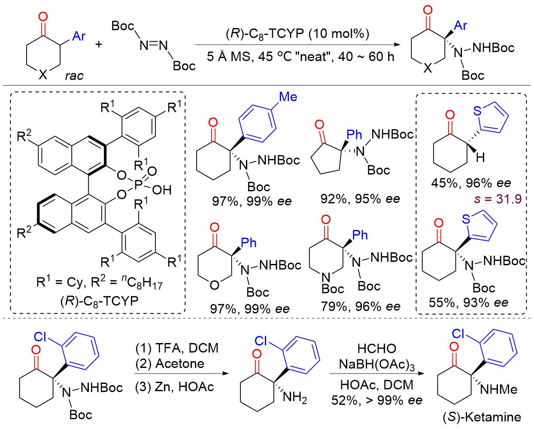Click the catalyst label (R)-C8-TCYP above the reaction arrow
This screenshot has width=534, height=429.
click(297, 34)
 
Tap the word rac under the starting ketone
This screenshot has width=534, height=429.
click(74, 76)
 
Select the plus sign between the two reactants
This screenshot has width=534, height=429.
click(99, 44)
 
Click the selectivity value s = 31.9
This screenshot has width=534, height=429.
click(498, 199)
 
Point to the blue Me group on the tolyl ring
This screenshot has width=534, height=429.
click(288, 97)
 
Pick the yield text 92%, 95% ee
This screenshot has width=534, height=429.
click(360, 199)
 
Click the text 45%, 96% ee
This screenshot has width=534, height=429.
click(471, 183)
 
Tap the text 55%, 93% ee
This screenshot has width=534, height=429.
click(468, 303)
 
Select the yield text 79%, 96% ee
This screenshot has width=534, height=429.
click(361, 306)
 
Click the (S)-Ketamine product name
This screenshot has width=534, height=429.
click(482, 417)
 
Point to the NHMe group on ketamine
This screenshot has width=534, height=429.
click(499, 389)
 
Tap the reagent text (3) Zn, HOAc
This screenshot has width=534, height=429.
click(175, 387)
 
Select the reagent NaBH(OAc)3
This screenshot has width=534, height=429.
click(376, 365)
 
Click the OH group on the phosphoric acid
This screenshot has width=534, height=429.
click(162, 190)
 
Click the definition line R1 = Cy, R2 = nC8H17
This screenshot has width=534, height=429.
click(99, 282)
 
